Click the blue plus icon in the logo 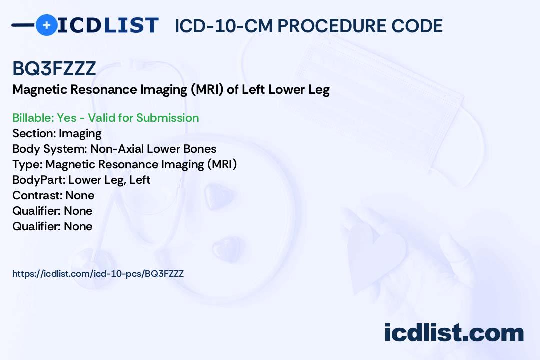46,25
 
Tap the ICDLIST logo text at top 108,25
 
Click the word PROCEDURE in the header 332,26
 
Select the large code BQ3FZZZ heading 54,69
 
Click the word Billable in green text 33,118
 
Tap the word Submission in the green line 167,118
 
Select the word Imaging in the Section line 80,133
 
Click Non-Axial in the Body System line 117,149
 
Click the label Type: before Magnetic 27,164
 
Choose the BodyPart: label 39,180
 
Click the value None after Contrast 80,195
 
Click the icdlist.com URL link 98,274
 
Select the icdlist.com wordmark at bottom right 454,332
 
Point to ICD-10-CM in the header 224,26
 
